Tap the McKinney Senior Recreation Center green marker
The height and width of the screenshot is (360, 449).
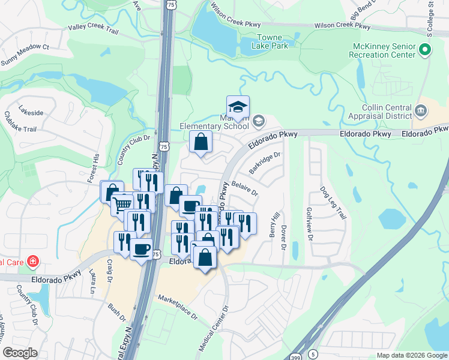425,51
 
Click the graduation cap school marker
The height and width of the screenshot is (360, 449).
238,107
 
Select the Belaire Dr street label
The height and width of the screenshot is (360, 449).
244,190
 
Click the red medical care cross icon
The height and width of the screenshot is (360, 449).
31,262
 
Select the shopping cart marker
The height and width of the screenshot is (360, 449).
122,205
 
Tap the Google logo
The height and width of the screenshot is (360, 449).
20,353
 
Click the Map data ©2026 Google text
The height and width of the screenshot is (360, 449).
411,355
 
